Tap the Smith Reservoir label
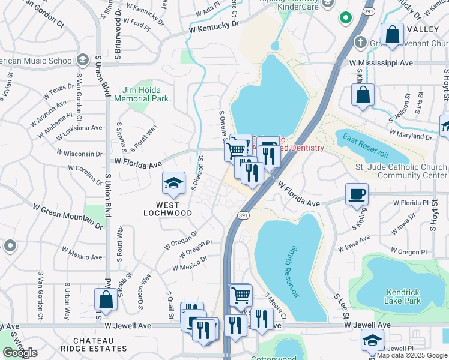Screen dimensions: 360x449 point(294,271)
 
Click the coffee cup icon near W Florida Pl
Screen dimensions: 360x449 point(357,193)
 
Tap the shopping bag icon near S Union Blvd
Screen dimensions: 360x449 point(106,300)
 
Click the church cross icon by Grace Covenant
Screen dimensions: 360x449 point(360,42)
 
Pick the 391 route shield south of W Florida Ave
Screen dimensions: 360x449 point(243,214)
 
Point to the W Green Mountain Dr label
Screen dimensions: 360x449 point(67,217)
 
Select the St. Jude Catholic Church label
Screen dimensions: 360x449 point(400,167)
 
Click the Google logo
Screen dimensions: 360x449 point(20,353)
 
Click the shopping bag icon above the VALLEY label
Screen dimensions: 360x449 point(392,34)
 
